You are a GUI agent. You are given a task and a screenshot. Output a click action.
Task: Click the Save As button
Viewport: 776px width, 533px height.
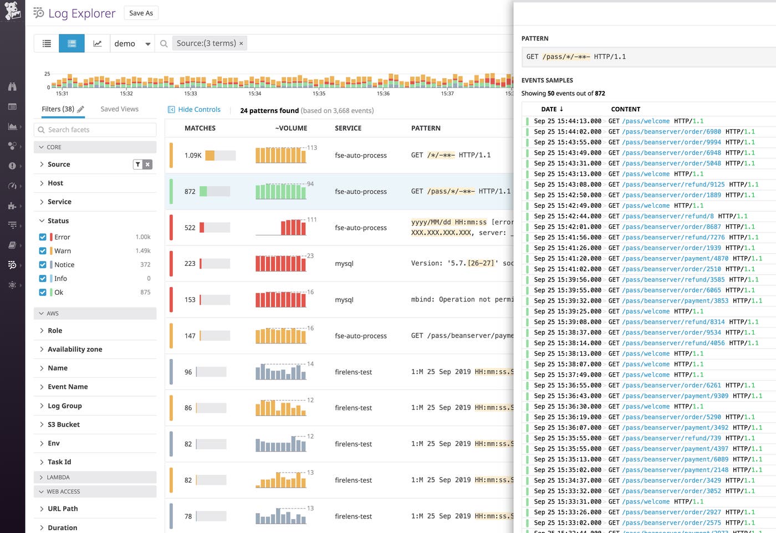tap(141, 13)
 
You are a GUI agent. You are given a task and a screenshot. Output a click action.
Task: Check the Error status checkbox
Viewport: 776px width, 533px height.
tap(43, 237)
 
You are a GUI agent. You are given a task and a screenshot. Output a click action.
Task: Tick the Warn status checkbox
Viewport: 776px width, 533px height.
tap(43, 251)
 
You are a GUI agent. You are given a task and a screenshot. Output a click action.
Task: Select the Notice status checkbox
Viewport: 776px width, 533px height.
tap(43, 265)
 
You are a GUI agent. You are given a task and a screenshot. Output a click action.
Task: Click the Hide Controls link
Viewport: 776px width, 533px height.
tap(198, 110)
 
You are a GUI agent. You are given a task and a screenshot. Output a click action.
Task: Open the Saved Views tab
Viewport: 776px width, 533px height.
tap(119, 109)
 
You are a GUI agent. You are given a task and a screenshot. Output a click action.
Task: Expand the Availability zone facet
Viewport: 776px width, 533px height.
tap(74, 349)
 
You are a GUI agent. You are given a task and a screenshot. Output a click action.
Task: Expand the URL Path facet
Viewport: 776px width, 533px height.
tap(63, 509)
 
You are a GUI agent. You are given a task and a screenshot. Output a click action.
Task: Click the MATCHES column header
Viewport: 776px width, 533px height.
tap(200, 128)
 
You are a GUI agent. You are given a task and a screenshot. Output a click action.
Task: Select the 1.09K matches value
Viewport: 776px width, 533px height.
tap(193, 156)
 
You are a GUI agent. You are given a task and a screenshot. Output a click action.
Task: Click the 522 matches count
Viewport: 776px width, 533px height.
tap(190, 228)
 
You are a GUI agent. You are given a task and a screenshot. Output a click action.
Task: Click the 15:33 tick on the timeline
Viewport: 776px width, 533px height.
tap(191, 94)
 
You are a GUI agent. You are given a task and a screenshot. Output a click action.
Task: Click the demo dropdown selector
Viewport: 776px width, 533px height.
tap(132, 44)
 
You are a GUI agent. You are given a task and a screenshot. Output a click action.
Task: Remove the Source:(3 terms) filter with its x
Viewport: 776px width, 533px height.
tap(241, 44)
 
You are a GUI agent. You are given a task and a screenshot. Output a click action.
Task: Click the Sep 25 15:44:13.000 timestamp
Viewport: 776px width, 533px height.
tap(567, 121)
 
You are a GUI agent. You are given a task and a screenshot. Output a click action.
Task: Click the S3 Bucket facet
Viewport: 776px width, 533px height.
tap(63, 424)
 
